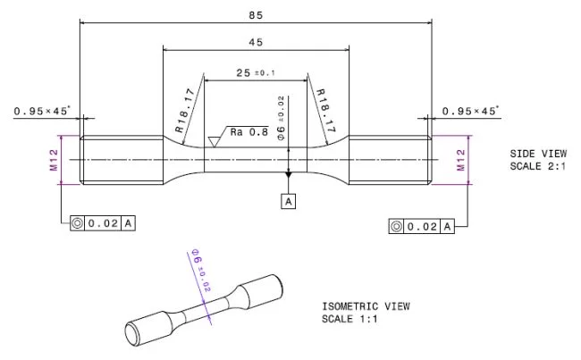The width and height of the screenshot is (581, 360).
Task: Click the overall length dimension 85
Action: point(257,14)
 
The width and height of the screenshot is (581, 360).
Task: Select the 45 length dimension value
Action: point(256,42)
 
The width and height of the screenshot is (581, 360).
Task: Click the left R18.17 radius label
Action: point(185,110)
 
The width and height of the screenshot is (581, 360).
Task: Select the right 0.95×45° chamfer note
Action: point(471,112)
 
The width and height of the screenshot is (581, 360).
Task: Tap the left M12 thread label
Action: point(54,160)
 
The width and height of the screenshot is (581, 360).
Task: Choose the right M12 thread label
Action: point(461,160)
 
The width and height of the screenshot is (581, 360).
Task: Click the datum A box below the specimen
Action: point(289,202)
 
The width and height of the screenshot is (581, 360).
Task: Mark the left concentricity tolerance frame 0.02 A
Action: point(103,222)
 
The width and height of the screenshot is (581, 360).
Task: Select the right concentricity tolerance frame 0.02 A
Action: point(422,226)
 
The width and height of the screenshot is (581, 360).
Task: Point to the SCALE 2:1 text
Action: point(538,166)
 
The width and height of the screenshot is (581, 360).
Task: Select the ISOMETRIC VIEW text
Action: point(366,306)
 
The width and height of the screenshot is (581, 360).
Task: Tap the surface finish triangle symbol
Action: point(214,140)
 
